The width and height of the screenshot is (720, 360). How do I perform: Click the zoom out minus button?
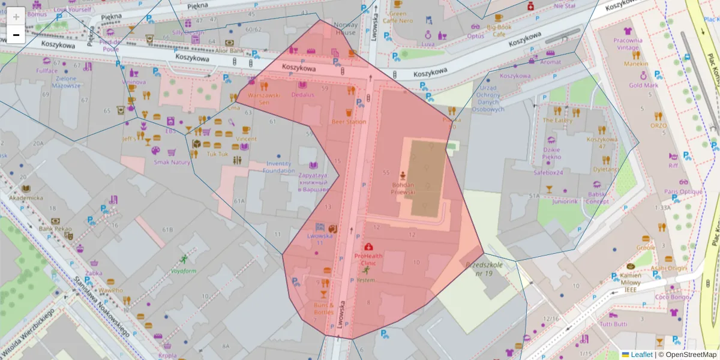16,35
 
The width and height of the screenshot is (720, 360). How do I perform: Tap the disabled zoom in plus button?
16,16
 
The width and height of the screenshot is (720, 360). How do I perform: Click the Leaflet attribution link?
641,355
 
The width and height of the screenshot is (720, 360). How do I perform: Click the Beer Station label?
349,122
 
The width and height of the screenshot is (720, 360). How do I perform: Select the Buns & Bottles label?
323,308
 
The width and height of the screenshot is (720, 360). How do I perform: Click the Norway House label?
345,29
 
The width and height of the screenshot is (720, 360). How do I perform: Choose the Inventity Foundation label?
279,167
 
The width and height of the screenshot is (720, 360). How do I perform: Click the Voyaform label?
184,271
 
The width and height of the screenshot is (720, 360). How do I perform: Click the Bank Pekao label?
55,229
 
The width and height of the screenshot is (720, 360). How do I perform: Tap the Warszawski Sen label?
264,98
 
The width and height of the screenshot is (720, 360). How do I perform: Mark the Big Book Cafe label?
499,31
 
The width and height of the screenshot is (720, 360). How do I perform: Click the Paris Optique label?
683,192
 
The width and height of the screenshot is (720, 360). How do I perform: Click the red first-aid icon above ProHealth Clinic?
368,247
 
